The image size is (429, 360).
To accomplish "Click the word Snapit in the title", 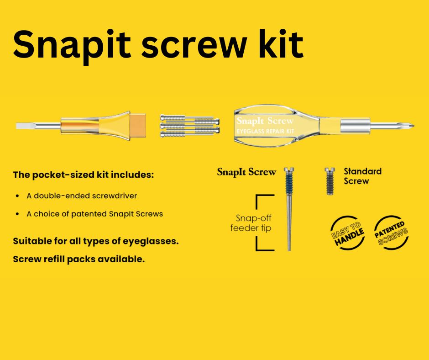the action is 72,45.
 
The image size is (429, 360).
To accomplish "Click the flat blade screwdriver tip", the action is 25,126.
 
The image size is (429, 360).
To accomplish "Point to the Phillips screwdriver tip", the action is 407,126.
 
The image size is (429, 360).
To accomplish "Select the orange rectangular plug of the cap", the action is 138,126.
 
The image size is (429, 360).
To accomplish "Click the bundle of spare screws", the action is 189,126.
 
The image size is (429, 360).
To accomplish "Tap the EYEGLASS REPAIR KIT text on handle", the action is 265,131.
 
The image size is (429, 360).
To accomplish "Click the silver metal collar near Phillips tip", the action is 355,126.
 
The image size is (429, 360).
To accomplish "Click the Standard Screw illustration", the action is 330,181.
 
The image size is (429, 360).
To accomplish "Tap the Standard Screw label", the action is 362,176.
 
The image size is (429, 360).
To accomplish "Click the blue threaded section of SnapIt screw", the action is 289,184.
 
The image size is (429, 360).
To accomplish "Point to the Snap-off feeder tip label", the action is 251,223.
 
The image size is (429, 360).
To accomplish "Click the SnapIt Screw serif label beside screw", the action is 246,172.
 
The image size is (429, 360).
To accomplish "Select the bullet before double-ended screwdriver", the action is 17,196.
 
